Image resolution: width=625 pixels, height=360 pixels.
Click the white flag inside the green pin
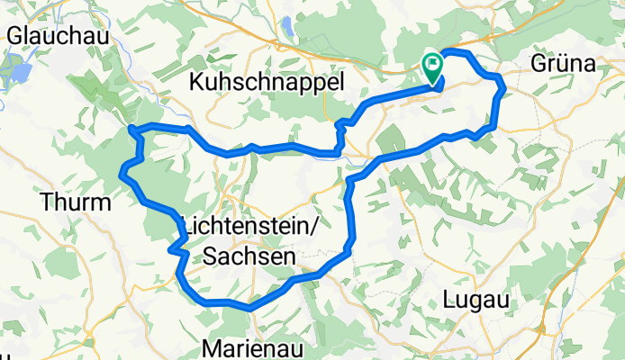point(433,64)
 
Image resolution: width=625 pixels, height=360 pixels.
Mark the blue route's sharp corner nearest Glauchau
point(132,129)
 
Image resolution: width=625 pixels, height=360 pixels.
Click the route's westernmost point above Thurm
point(121,172)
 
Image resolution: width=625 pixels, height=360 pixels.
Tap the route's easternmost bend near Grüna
point(503,86)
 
